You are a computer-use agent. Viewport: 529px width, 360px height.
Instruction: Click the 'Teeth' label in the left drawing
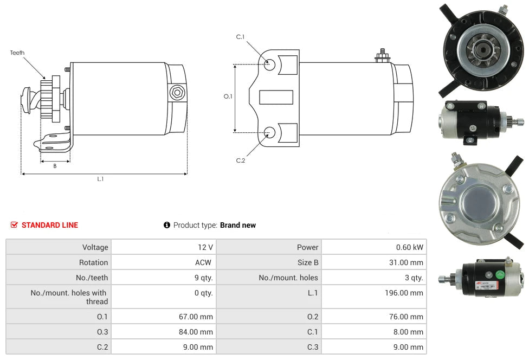[17, 53]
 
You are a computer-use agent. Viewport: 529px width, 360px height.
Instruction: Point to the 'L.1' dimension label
[100, 179]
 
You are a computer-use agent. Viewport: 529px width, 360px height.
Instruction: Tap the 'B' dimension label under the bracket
[55, 166]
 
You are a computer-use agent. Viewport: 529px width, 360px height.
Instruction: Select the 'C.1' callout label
[240, 37]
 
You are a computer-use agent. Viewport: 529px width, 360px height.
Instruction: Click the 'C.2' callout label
[240, 160]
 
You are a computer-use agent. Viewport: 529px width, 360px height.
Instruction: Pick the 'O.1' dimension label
[228, 97]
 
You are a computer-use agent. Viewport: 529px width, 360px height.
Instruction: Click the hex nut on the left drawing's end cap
[176, 92]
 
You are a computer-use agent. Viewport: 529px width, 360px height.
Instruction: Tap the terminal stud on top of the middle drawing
[382, 55]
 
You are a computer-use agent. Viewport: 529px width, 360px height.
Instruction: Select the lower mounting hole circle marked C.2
[269, 131]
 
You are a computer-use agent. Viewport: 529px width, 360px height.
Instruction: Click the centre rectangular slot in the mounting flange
[276, 98]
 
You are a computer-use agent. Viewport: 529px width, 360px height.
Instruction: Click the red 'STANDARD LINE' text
[50, 225]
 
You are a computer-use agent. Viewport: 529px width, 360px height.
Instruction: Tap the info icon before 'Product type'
[167, 225]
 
